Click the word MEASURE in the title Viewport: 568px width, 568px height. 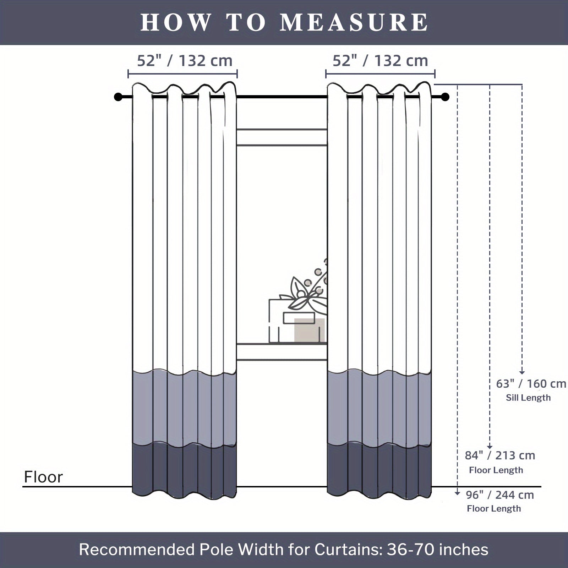[354, 22]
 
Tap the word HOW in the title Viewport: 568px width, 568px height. [175, 22]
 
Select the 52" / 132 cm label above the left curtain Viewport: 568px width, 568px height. [185, 61]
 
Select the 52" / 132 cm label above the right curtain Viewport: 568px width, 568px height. [380, 61]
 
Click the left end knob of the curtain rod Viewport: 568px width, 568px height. [118, 97]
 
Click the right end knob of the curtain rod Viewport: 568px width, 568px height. [446, 97]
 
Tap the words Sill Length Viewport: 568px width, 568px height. [528, 398]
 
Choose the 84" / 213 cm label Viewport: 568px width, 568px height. [500, 455]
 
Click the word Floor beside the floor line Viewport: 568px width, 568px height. [43, 477]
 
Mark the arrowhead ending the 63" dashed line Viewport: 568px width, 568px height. [522, 372]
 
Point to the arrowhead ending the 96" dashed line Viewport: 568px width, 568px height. [457, 493]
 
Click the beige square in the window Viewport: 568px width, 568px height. [309, 330]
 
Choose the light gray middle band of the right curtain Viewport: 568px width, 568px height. [379, 406]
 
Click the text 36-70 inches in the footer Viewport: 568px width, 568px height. [437, 549]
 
